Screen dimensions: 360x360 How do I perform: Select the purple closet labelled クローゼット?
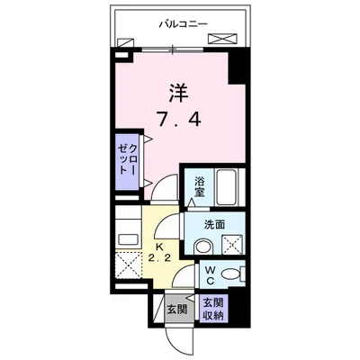tap(128, 162)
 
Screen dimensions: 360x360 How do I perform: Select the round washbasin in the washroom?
tap(203, 246)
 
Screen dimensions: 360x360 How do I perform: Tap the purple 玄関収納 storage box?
tap(214, 308)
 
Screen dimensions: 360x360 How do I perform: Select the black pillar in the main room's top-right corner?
tap(238, 66)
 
